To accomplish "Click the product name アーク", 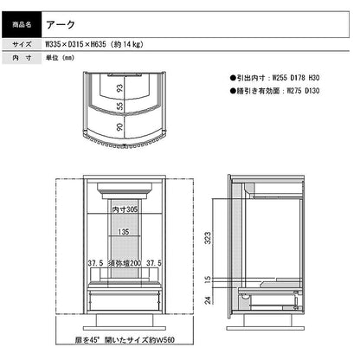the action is click(x=61, y=24).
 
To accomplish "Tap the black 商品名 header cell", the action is click(x=22, y=24).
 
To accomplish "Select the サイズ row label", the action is click(x=22, y=44).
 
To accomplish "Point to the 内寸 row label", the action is click(x=22, y=58).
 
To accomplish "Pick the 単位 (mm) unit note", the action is click(x=60, y=58).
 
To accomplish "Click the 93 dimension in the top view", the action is click(x=119, y=88).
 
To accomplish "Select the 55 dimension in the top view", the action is click(x=119, y=106).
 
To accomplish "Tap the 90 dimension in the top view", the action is click(x=119, y=127).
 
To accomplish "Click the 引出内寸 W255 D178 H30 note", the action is click(x=275, y=78).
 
